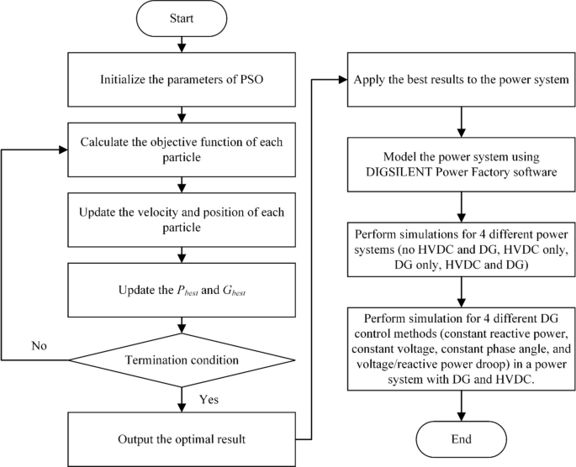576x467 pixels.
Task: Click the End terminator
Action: tap(461, 438)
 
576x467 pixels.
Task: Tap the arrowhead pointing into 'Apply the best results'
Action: tap(343, 81)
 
